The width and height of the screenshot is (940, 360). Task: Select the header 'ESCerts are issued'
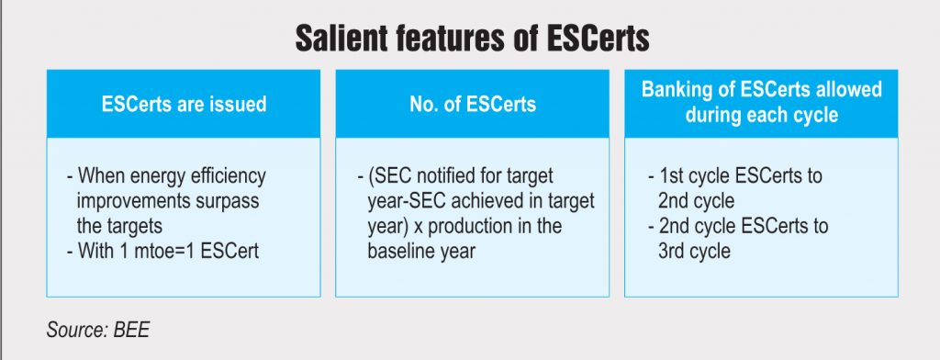pos(184,105)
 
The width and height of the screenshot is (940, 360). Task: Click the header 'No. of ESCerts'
pos(473,105)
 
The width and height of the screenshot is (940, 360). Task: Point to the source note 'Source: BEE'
pos(97,330)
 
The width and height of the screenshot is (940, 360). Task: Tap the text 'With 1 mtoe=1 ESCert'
pos(162,251)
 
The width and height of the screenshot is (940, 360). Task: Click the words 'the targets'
pos(119,226)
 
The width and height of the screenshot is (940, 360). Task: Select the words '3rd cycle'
pos(694,251)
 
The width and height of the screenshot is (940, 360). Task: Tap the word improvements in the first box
pos(132,201)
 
